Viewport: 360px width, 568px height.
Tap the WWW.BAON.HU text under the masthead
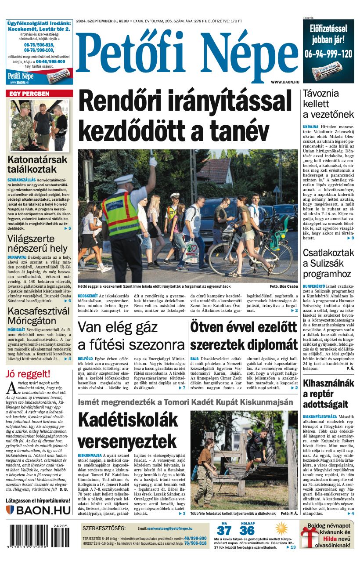point(285,82)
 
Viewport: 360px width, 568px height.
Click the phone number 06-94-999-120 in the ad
point(328,54)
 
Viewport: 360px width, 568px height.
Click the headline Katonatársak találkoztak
point(37,164)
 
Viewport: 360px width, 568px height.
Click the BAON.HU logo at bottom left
point(38,510)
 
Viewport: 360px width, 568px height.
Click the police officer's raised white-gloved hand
point(153,162)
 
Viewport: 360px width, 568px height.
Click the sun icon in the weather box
point(281,528)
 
